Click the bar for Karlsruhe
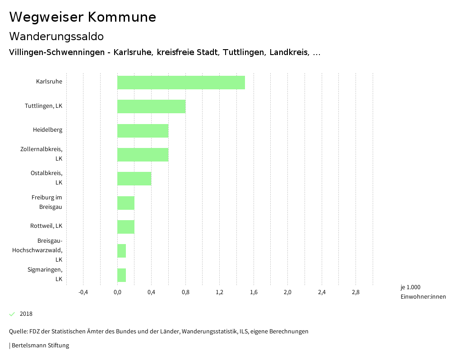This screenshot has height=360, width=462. (181, 83)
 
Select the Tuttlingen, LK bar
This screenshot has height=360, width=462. (151, 106)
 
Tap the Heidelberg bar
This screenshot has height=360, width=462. (143, 130)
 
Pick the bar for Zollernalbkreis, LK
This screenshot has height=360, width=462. (143, 154)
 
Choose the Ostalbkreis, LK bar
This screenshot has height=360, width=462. (134, 179)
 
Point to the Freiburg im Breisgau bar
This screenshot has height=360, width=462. (126, 203)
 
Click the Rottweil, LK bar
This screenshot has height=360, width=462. (126, 226)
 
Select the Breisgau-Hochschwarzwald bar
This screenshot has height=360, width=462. (121, 251)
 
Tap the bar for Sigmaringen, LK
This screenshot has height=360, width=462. (121, 275)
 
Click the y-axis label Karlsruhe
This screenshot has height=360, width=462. (49, 82)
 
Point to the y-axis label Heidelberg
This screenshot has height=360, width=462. (47, 130)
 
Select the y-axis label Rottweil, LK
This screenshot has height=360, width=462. (46, 226)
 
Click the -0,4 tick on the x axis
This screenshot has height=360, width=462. (83, 292)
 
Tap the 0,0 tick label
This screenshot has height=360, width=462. (117, 292)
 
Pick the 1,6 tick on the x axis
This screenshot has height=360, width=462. (254, 292)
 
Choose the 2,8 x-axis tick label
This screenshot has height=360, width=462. (356, 292)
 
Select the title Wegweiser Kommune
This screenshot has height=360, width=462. (83, 17)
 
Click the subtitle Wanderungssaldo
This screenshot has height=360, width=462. (56, 36)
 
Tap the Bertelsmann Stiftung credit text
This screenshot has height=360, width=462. (39, 346)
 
